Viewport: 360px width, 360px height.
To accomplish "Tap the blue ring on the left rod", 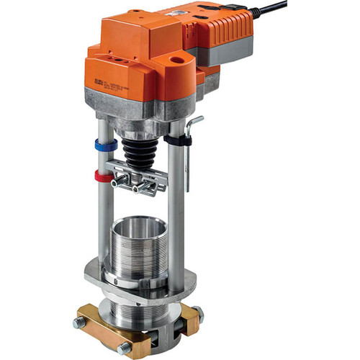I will coord(106,145).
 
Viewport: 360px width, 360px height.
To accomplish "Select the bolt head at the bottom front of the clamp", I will coord(123,349).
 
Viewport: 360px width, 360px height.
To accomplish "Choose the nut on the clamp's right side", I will coord(197,314).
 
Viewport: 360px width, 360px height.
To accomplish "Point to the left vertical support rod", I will coord(105,216).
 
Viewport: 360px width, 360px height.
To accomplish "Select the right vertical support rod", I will coord(175,216).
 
